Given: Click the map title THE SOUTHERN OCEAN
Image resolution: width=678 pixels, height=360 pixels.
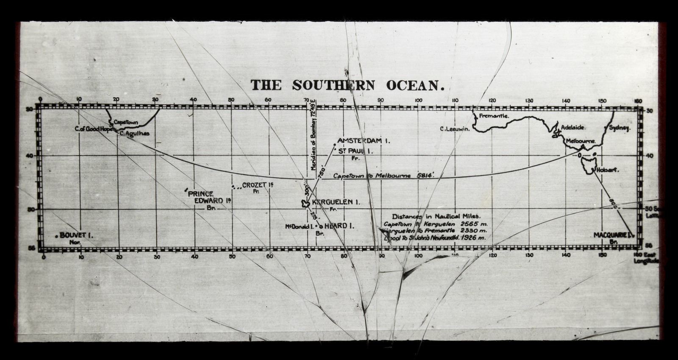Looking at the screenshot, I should (347, 85).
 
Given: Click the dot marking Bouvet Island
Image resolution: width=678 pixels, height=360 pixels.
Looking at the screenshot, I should (56, 236).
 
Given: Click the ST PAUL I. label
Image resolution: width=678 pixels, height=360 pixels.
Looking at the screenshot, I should (355, 151).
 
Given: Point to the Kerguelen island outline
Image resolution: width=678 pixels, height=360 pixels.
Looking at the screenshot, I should (304, 204).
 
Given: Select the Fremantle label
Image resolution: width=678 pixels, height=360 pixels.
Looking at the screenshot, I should (494, 116).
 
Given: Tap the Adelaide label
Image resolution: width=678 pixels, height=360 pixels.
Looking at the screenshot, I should (573, 127).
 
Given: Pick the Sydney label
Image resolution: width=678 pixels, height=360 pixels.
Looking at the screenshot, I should (620, 127).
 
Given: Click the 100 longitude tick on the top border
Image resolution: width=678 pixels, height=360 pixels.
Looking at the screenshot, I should (418, 100).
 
